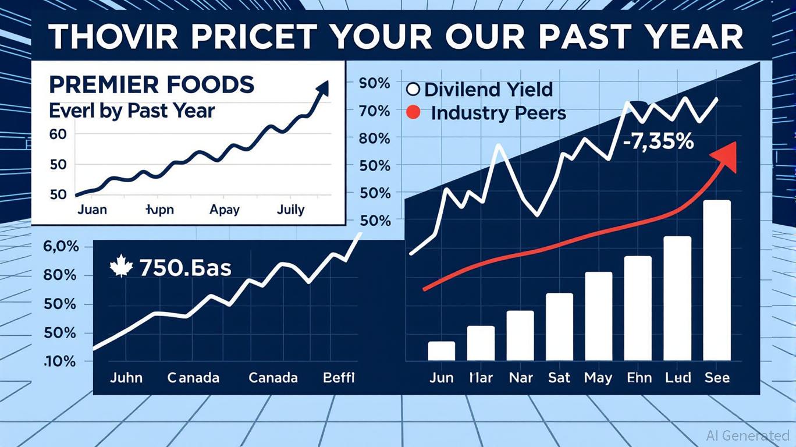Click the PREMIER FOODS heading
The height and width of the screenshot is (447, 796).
click(151, 85)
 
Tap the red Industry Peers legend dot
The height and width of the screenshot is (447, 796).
click(413, 112)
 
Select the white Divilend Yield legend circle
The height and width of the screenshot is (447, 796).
click(413, 90)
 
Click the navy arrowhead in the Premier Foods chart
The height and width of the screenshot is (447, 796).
click(321, 89)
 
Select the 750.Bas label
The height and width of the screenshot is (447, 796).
click(185, 268)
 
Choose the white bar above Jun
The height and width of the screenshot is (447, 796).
click(442, 351)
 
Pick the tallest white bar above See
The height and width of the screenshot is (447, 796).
click(717, 280)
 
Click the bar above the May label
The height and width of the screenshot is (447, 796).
click(598, 316)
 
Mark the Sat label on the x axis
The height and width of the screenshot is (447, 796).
click(559, 378)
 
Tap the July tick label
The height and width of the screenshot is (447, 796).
click(290, 209)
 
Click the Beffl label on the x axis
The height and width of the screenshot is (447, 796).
click(339, 378)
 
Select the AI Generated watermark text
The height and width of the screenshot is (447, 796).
click(747, 435)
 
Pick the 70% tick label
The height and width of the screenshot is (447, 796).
click(375, 111)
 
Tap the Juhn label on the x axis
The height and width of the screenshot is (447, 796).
click(126, 378)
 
